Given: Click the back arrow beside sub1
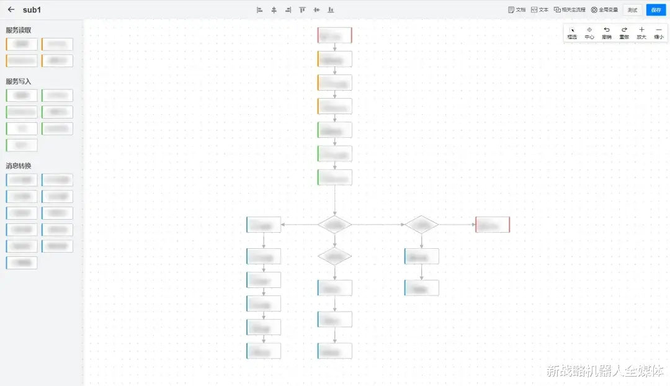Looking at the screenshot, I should coord(11,9).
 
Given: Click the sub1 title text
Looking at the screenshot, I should coord(32,10).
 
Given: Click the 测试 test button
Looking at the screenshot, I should coord(632,10).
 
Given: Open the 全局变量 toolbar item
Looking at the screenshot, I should coord(604,10).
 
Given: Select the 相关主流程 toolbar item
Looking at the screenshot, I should coord(569,10).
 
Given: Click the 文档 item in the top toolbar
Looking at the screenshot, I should coord(517,10).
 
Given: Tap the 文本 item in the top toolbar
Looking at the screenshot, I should coord(540,10).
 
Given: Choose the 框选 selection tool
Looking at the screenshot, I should coord(572,32).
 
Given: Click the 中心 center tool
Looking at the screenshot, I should coord(589,32).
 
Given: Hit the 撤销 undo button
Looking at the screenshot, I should coord(607,32).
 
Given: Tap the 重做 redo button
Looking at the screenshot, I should coord(624,32).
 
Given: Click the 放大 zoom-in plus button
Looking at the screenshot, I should coord(641,32).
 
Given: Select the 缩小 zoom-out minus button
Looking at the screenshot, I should coord(659,32).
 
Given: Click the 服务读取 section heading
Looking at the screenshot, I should coord(19,30).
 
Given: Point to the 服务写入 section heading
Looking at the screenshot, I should coord(19,81).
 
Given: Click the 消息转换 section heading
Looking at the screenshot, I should coord(19,166).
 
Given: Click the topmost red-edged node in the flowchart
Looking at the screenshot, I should coord(334,35).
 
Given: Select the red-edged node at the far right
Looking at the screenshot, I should coord(493,225).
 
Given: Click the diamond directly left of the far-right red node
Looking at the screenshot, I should coord(422,225).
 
